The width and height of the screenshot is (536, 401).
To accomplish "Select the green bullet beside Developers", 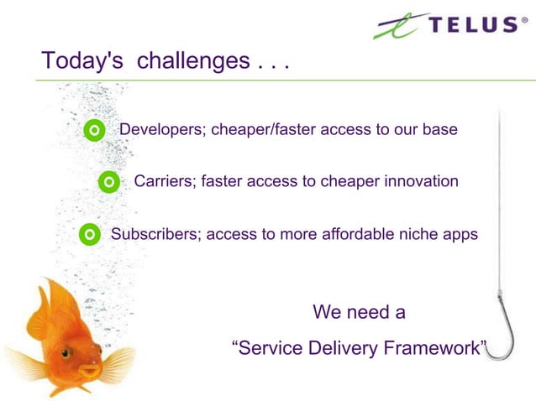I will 95,131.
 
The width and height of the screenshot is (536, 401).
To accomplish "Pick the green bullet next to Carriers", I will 108,182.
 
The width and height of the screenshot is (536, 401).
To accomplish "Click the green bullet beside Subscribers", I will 89,236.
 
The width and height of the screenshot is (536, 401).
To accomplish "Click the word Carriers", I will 165,181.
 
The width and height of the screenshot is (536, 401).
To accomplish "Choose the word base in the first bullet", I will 441,130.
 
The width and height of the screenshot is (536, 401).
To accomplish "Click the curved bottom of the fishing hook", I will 501,357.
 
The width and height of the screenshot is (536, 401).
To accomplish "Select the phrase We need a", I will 359,313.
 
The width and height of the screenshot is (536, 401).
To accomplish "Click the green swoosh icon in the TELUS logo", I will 400,26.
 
